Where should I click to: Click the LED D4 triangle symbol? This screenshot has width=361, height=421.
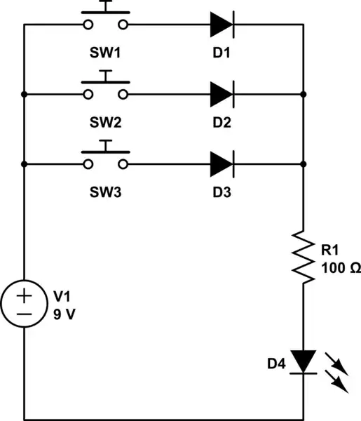click(303, 361)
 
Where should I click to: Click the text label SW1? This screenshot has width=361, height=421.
click(105, 53)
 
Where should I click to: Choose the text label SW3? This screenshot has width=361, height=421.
click(105, 192)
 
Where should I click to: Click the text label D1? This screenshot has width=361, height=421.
click(221, 53)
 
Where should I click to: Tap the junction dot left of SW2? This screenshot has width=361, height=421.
click(25, 94)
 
